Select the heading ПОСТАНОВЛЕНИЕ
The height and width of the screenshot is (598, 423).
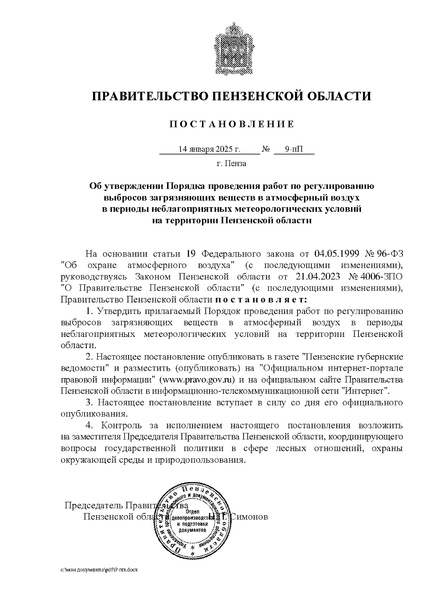232,124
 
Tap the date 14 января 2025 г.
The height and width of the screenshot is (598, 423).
209,149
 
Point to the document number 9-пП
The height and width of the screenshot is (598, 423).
294,149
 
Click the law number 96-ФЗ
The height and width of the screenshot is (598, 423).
390,254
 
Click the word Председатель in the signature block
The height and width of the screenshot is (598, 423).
92,505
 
